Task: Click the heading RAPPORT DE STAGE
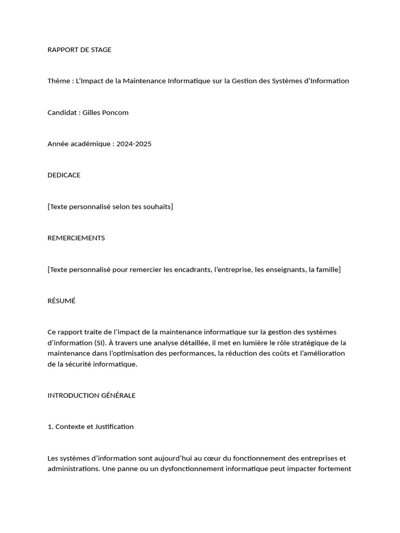coord(79,50)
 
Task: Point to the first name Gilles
coord(93,112)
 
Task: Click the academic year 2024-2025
coord(134,144)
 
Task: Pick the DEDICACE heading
coord(64,175)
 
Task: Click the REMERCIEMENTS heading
coord(76,238)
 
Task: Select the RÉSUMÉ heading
coord(61,301)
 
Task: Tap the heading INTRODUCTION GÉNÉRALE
coord(91,395)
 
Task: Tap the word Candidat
coord(62,112)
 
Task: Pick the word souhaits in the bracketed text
coord(157,207)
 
